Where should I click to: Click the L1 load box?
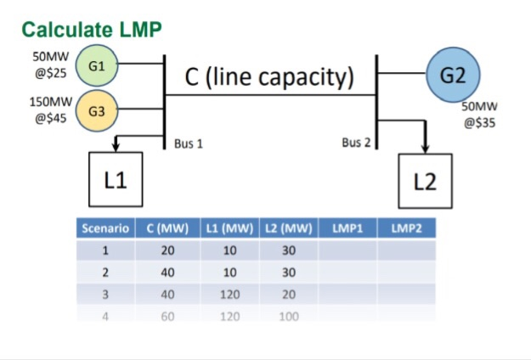coord(116,180)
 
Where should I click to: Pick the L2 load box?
coord(426,182)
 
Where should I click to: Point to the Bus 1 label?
coord(188,143)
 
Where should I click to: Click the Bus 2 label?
coord(357,143)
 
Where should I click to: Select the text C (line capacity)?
coord(268,77)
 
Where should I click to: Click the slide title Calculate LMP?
coord(91,30)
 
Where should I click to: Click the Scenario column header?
coord(105,228)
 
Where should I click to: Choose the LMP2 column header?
coord(406,228)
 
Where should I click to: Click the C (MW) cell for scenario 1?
coord(167,250)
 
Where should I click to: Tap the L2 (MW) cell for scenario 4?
coord(288,314)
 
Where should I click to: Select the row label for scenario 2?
coord(105,273)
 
